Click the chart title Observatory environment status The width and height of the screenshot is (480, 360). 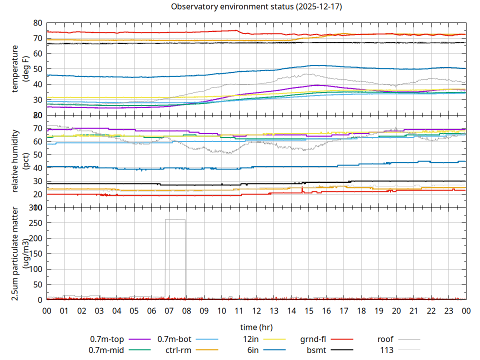[256, 7]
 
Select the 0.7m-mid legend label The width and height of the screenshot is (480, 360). [106, 350]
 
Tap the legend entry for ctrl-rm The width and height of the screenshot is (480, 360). [178, 350]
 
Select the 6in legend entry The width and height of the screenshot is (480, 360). [253, 350]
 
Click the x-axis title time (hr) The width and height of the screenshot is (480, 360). [256, 327]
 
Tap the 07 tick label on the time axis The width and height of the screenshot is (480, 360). [169, 310]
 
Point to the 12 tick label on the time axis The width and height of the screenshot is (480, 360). [256, 310]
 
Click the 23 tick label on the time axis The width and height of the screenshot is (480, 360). [448, 310]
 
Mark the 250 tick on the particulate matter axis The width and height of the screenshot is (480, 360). [36, 223]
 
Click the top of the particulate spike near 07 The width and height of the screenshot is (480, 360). [175, 219]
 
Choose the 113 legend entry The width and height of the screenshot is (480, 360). [387, 350]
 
